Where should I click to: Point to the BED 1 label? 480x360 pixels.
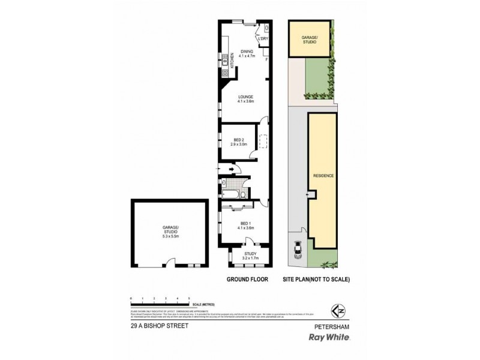[x=246, y=225]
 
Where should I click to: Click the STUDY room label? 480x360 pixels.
[x=250, y=255]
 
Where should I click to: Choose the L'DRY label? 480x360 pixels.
[x=262, y=40]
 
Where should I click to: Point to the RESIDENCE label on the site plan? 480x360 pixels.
[x=323, y=176]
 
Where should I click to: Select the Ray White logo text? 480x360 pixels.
[x=328, y=337]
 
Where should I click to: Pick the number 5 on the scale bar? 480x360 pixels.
[x=190, y=298]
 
